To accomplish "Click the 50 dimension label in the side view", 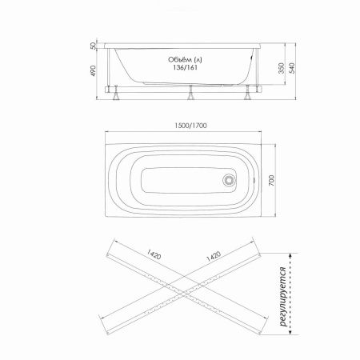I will pyautogui.click(x=94, y=46).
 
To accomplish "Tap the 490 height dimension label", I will pyautogui.click(x=94, y=73).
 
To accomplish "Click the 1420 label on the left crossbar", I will pyautogui.click(x=154, y=257).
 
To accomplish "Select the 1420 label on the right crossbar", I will pyautogui.click(x=214, y=257).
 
